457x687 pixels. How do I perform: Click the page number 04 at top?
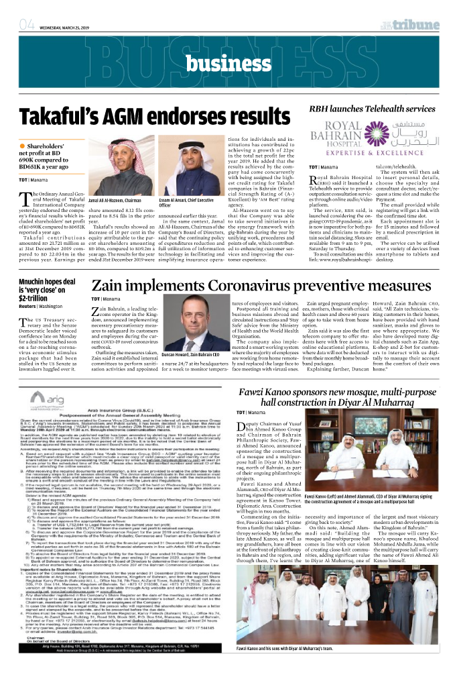point(27,26)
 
